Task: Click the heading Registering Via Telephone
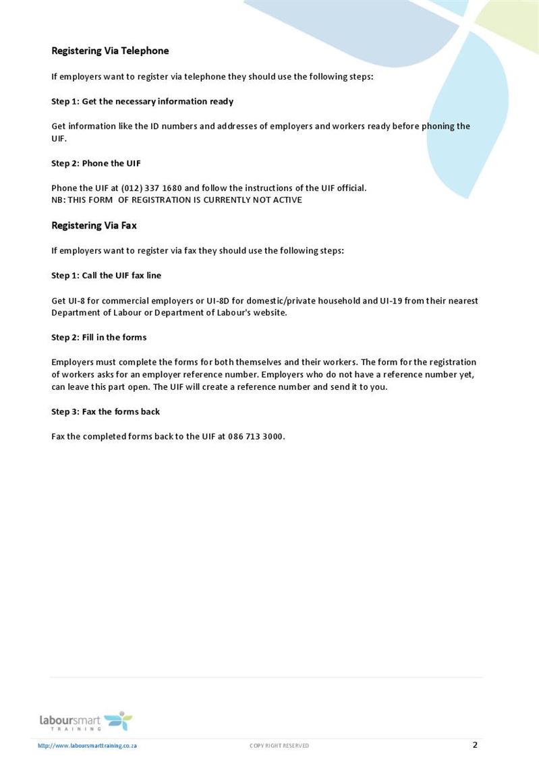[x=110, y=51]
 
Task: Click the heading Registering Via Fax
[x=94, y=226]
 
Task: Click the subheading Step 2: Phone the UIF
[x=96, y=163]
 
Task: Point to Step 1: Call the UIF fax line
[x=106, y=275]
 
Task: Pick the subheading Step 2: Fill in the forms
[x=98, y=337]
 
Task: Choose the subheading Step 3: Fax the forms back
[x=105, y=411]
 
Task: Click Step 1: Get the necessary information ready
[x=142, y=101]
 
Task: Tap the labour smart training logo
[x=86, y=721]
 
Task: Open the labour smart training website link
[x=88, y=746]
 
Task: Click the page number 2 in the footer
[x=475, y=745]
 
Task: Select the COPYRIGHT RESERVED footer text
[x=279, y=746]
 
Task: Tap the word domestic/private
[x=278, y=301]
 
